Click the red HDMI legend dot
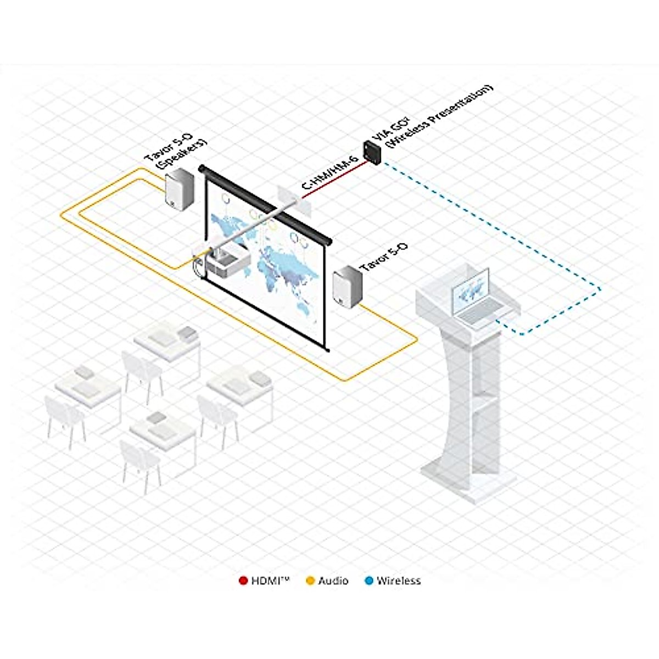pos(243,580)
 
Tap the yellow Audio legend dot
pos(310,580)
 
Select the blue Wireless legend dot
pos(369,580)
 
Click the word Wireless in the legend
pos(399,580)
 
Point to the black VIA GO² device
pos(373,152)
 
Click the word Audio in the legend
pos(333,580)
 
